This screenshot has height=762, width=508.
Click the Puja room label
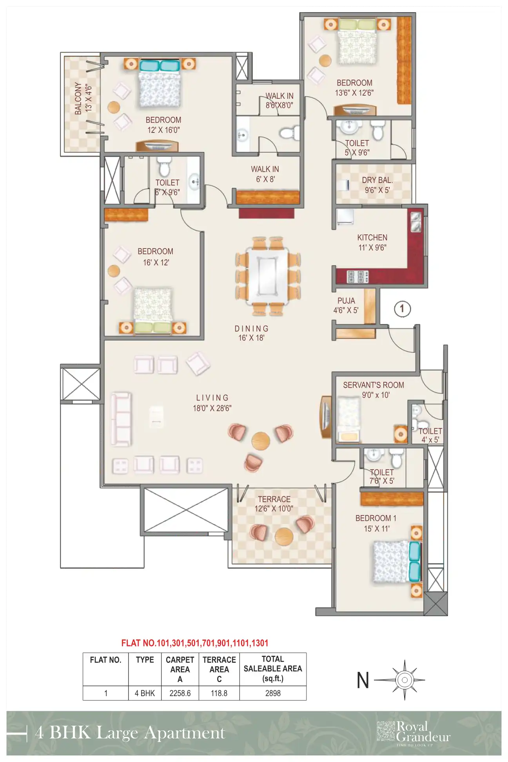346,305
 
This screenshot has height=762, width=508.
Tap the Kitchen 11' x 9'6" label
372,242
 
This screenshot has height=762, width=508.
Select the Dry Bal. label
377,185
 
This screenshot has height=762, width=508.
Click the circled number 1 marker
402,309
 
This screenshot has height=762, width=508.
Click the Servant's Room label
373,390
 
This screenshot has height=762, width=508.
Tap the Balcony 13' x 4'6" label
83,98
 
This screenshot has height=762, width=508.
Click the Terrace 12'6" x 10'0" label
274,504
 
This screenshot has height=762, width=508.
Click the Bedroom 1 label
376,523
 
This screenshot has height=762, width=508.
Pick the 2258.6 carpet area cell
180,693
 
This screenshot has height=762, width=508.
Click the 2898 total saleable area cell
273,693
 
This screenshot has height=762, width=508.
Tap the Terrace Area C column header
219,669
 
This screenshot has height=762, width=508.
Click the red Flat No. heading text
194,643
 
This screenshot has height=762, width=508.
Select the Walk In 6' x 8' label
265,174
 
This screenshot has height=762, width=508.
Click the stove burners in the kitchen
357,277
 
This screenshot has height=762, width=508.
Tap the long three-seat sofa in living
121,419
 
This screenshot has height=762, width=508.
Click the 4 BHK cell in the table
145,693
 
